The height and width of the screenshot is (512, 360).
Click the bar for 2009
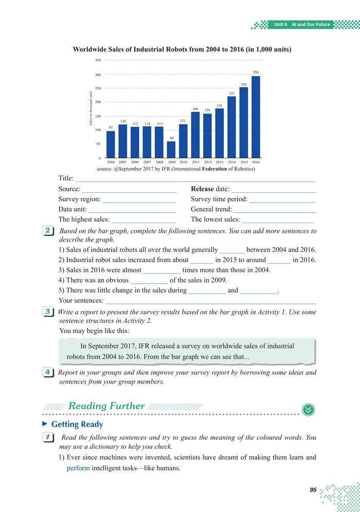point(171,150)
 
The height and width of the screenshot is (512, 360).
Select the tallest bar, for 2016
point(256,117)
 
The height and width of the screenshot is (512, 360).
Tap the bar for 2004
point(111,144)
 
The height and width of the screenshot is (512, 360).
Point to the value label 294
point(256,72)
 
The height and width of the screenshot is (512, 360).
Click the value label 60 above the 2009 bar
point(172,138)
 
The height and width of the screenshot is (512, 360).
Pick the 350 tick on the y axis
point(98,61)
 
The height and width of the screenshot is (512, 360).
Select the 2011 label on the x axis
point(195,162)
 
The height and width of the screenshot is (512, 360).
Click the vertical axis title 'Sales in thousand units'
point(91,108)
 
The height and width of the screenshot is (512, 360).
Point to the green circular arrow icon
point(309,409)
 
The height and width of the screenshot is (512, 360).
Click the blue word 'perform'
point(79,468)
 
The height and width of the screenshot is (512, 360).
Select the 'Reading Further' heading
point(106,406)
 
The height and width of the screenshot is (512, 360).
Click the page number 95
point(313,490)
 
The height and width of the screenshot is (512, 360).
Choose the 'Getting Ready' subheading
point(77,425)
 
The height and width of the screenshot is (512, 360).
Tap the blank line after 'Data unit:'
point(132,210)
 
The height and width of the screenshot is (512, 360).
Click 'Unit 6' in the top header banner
point(280,25)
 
